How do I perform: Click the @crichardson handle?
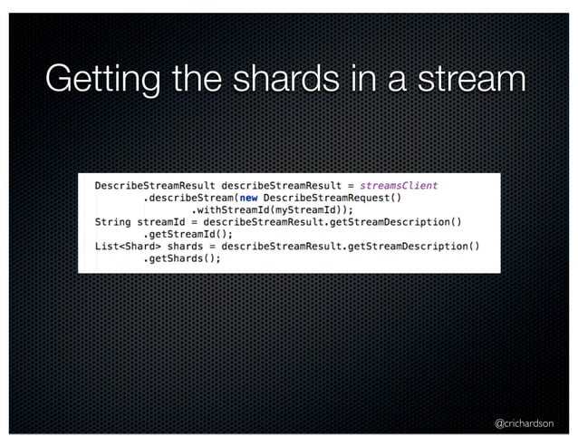[524, 423]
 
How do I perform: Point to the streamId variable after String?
[163, 221]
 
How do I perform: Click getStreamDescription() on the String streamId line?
[390, 221]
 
